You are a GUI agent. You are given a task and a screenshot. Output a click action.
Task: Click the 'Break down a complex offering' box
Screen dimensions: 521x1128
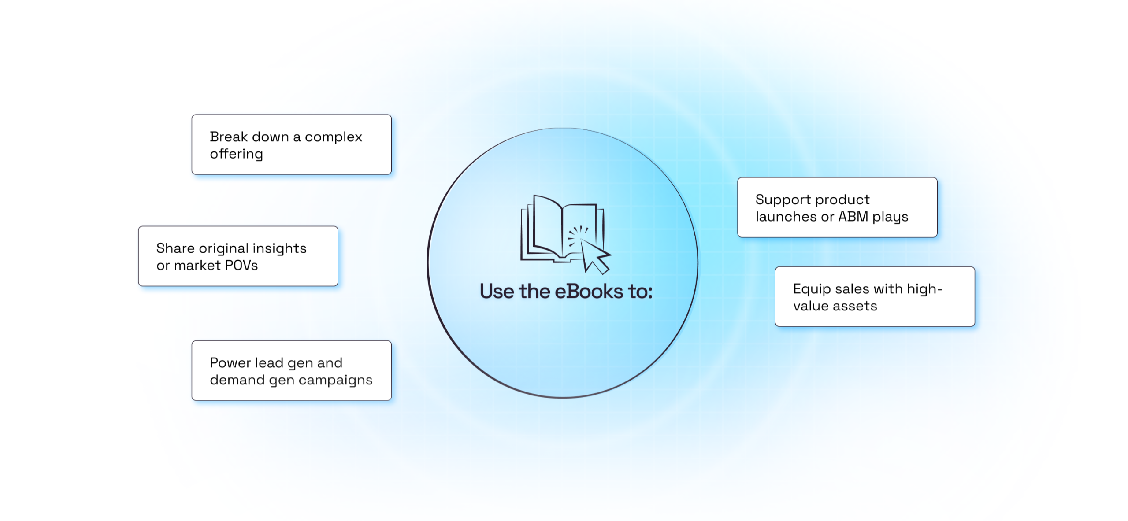click(291, 144)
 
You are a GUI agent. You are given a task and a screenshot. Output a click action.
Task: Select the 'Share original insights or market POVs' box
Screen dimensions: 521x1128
click(238, 256)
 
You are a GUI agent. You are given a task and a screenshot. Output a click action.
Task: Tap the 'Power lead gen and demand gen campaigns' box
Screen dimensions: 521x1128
click(291, 370)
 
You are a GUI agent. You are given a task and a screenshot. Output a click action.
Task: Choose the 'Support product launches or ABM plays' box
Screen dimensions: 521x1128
click(837, 207)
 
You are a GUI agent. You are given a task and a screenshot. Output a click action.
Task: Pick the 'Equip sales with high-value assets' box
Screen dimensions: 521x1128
click(875, 296)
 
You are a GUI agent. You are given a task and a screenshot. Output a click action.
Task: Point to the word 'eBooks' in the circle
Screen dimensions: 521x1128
click(589, 292)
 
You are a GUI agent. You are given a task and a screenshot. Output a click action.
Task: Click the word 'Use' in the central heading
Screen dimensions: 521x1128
click(497, 292)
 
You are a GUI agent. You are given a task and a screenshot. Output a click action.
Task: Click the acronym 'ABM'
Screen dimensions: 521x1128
click(853, 217)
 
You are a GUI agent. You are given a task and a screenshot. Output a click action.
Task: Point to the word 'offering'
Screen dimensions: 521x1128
click(236, 154)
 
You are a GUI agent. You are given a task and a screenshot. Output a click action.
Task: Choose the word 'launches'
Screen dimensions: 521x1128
click(786, 217)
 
